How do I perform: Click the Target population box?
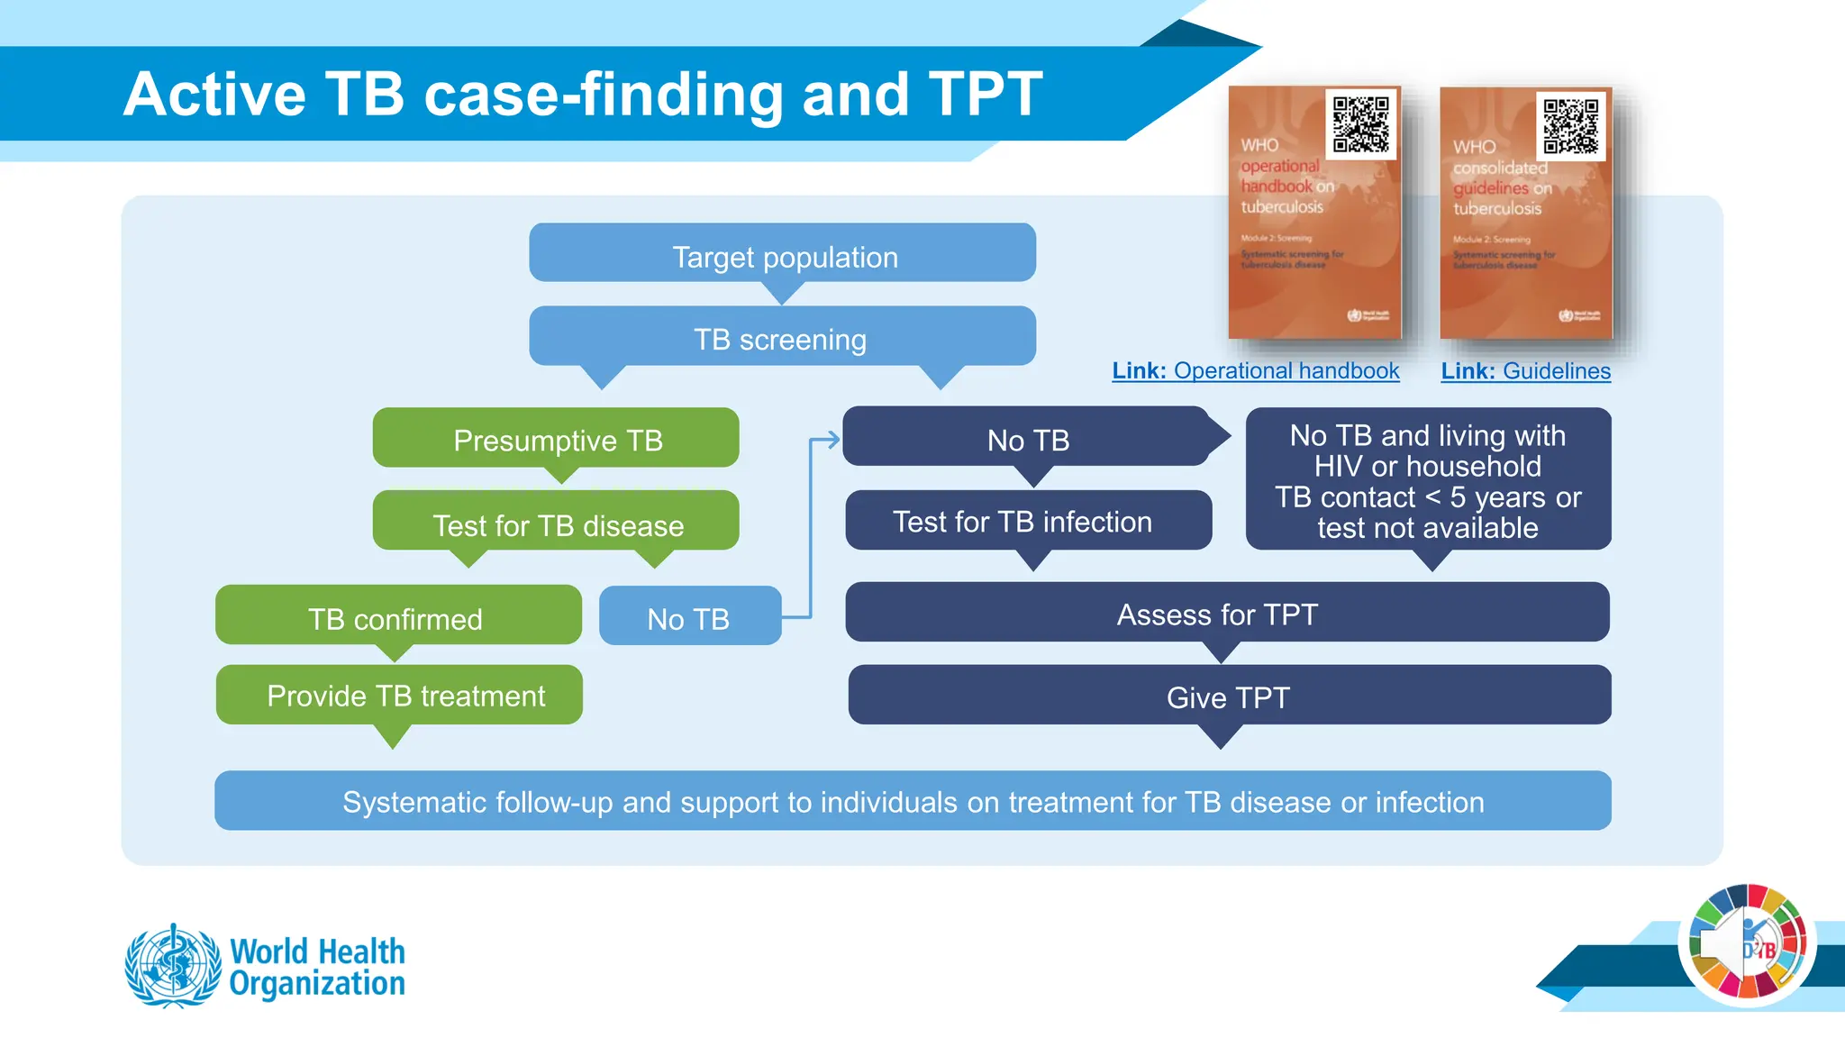point(782,255)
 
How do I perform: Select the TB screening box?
point(782,338)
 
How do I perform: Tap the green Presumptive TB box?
point(556,439)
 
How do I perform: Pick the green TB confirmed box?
point(397,617)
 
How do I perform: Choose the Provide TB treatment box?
point(399,695)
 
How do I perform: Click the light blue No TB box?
point(689,617)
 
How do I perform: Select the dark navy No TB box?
point(1027,439)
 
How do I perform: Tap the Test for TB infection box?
point(1027,521)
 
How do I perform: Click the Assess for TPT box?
point(1225,614)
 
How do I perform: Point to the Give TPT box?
point(1229,696)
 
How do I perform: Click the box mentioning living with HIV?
point(1428,480)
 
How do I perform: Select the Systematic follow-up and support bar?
point(912,800)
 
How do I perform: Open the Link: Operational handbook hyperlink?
point(1255,370)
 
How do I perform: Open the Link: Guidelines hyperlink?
point(1525,370)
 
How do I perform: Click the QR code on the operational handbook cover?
point(1360,124)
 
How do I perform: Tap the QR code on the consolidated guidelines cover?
point(1570,126)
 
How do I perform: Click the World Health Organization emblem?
point(173,965)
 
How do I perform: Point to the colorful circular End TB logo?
point(1747,943)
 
